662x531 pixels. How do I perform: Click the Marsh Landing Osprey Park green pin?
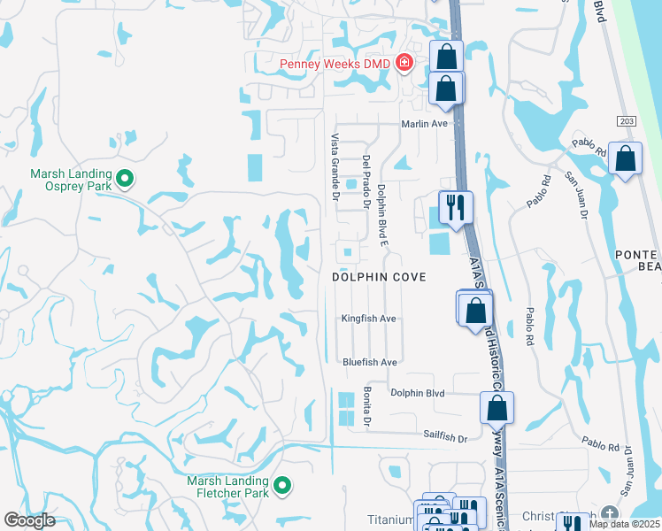(x=125, y=180)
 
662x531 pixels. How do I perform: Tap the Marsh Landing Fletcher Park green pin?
(x=282, y=485)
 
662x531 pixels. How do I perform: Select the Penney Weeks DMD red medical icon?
(x=404, y=62)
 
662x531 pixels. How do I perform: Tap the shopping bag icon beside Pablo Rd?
(x=625, y=160)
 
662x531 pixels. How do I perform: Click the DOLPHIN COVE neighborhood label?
(x=379, y=277)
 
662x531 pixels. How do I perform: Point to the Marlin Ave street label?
(x=425, y=124)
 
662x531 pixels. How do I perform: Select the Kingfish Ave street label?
(x=370, y=319)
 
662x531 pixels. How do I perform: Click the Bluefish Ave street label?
(x=370, y=362)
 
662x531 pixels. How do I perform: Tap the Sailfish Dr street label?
(x=445, y=437)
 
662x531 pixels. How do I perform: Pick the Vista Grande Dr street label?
(x=335, y=166)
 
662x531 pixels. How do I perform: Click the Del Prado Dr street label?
(x=365, y=181)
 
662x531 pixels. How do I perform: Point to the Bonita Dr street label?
(x=366, y=407)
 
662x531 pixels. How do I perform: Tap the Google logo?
(x=30, y=520)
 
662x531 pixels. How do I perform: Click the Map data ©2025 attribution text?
(x=625, y=524)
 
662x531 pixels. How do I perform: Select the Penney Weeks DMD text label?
(x=335, y=63)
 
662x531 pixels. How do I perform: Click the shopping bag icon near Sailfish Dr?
(x=496, y=408)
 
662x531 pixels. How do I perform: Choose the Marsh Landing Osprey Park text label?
(x=71, y=180)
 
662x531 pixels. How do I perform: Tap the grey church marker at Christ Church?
(x=609, y=514)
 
